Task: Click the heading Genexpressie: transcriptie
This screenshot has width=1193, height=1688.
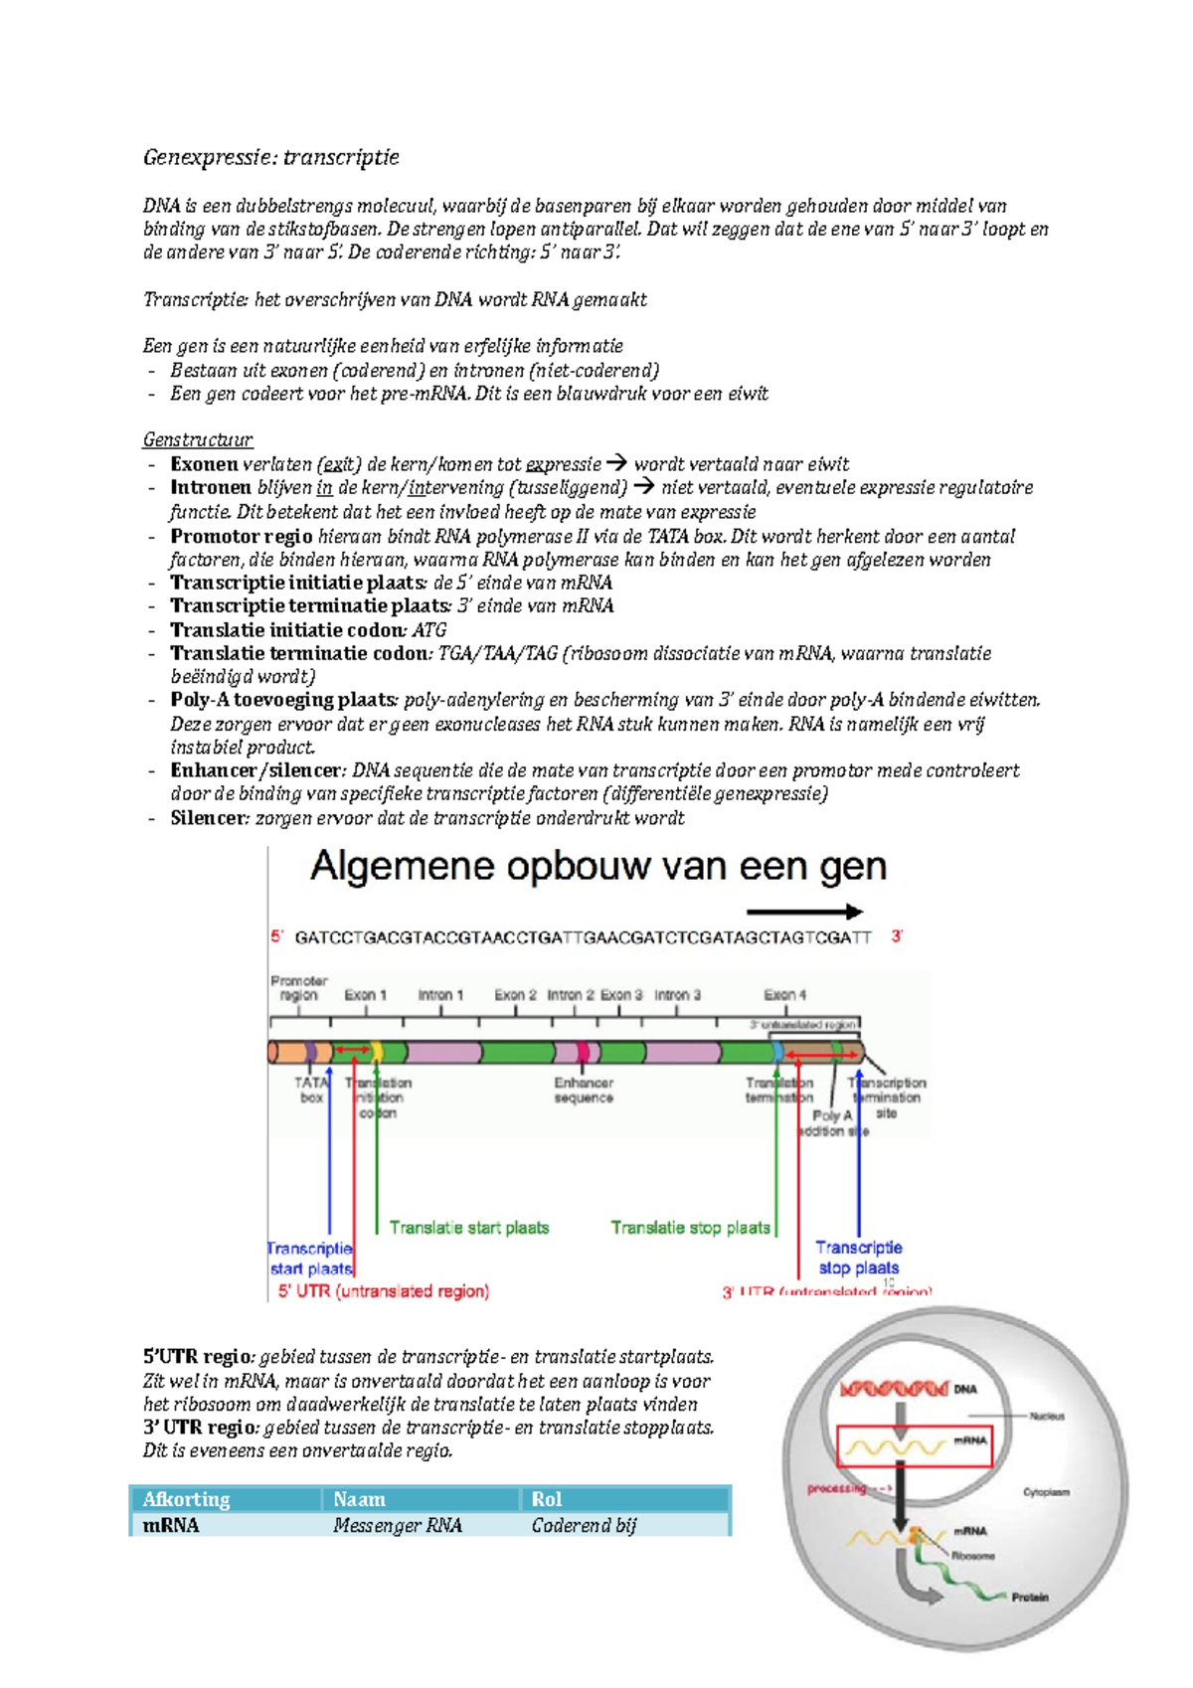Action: point(270,157)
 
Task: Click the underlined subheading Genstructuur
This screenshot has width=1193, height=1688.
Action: point(197,439)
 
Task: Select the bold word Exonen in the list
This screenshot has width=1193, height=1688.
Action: point(204,464)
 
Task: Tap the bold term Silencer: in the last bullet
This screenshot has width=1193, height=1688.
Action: point(209,818)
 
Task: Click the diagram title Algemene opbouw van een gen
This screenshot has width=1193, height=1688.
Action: point(597,867)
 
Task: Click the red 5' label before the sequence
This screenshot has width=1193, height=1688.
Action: point(277,936)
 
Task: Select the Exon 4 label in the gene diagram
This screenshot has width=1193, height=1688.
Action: point(784,994)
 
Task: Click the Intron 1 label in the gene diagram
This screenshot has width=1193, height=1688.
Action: point(440,994)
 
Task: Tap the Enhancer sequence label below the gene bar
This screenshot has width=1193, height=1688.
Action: point(584,1091)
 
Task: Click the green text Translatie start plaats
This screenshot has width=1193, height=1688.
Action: point(468,1228)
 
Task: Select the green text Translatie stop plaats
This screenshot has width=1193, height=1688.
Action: point(690,1228)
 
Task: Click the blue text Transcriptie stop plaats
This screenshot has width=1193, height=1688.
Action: point(858,1258)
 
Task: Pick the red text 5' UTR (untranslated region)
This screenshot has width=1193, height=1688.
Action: point(383,1291)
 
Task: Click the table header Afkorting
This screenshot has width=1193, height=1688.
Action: point(186,1499)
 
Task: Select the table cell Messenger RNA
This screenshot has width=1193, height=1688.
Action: point(398,1525)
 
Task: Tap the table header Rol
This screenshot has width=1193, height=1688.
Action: point(546,1499)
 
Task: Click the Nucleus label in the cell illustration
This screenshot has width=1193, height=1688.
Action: point(1047,1416)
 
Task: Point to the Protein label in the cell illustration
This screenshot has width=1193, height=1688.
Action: point(1030,1598)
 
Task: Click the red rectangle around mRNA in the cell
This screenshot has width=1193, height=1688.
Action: point(915,1447)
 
